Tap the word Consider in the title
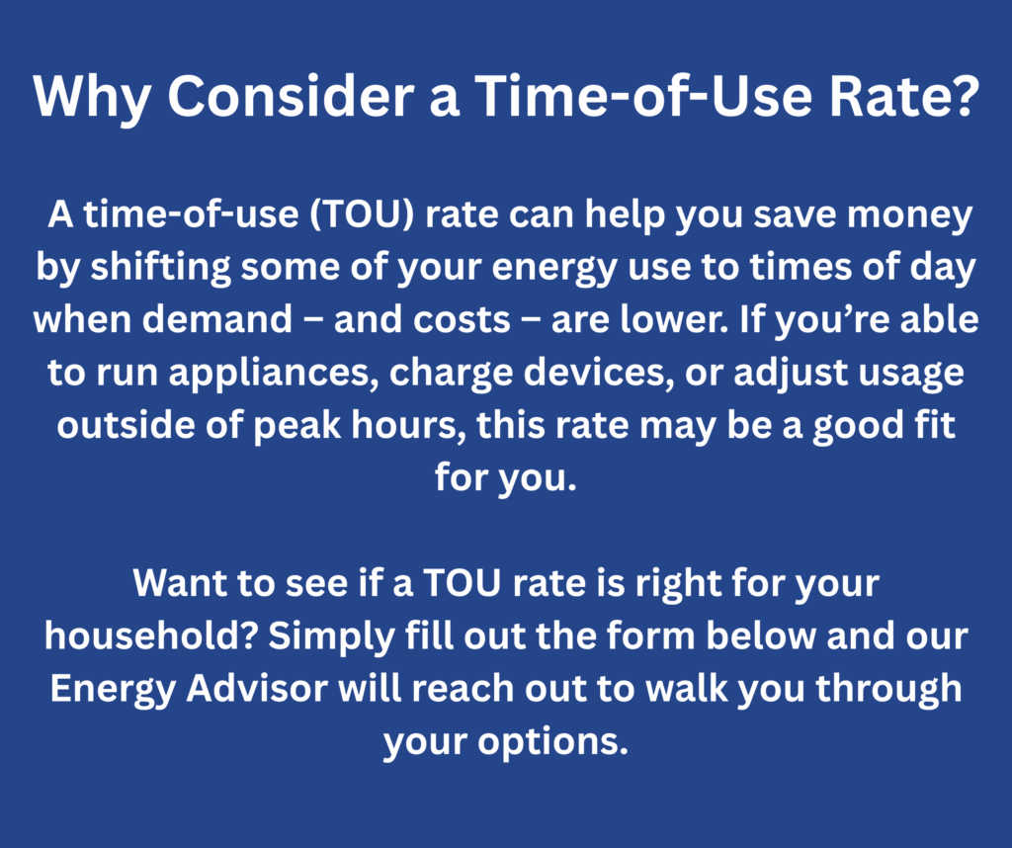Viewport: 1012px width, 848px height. click(291, 96)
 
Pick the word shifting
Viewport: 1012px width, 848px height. click(160, 268)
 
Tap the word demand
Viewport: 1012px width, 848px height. click(216, 319)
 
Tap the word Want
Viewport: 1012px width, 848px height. click(180, 583)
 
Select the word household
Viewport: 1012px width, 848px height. click(151, 636)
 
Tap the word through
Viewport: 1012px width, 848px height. click(888, 690)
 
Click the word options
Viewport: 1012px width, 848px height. click(553, 742)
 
